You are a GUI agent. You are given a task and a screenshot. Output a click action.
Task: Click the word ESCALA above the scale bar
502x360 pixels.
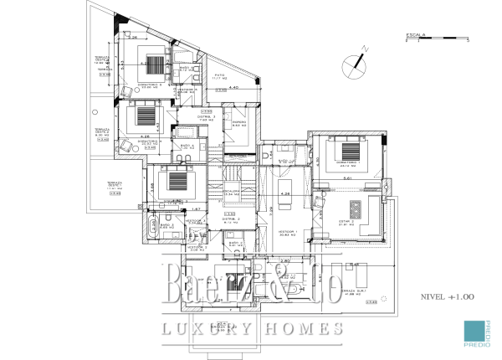pyautogui.click(x=415, y=34)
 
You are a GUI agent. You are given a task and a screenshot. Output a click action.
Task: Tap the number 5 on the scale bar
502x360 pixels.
pyautogui.click(x=468, y=39)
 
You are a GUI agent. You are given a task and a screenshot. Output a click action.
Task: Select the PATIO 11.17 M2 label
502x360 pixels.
pyautogui.click(x=220, y=79)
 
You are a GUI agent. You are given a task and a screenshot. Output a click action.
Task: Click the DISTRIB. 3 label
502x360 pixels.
pyautogui.click(x=208, y=116)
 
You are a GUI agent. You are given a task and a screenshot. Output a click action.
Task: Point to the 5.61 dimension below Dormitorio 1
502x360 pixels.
pyautogui.click(x=346, y=178)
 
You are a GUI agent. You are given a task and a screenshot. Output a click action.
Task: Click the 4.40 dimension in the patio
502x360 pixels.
pyautogui.click(x=235, y=87)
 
